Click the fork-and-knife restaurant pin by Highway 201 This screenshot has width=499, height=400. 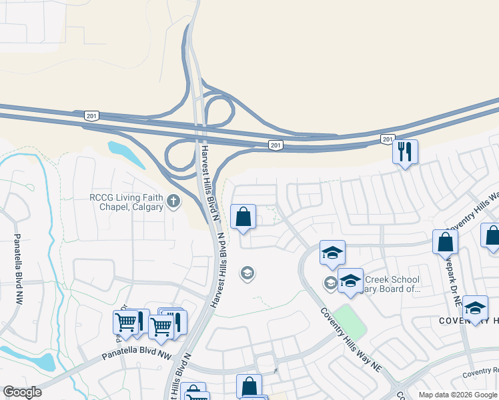[x=405, y=152]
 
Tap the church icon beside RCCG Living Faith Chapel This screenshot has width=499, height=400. [x=173, y=201]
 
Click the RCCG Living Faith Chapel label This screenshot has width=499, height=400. [x=126, y=202]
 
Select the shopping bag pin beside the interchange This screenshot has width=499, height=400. [x=243, y=217]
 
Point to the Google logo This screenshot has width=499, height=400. [x=22, y=392]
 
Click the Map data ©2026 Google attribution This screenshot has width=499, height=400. [x=457, y=395]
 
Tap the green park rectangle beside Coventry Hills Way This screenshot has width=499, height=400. [x=351, y=321]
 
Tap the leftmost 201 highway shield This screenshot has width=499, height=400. [x=92, y=116]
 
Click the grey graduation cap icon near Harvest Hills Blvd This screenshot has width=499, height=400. [x=247, y=273]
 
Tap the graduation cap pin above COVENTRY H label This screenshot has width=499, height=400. [x=475, y=307]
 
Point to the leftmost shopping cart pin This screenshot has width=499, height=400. [x=125, y=323]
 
